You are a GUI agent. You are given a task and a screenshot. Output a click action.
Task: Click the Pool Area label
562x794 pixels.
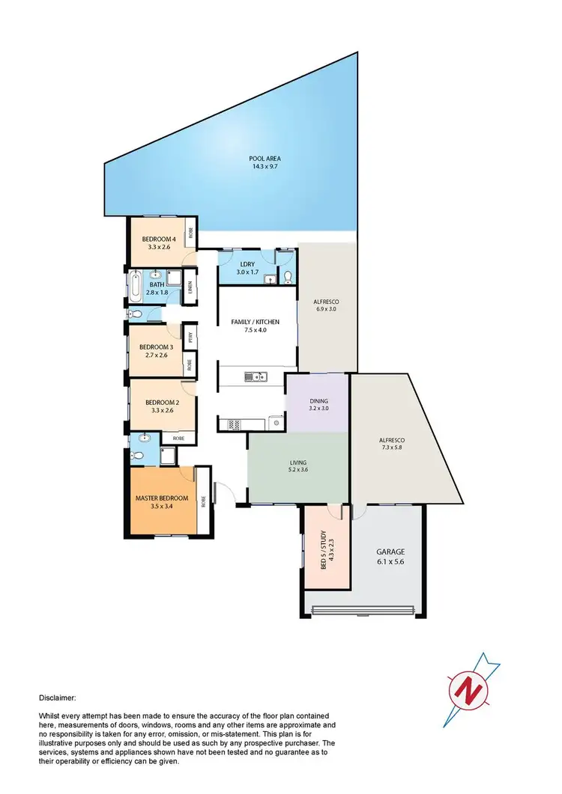265,159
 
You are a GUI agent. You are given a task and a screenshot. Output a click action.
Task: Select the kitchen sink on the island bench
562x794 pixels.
256,377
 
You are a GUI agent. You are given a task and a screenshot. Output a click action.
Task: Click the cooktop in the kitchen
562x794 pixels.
232,424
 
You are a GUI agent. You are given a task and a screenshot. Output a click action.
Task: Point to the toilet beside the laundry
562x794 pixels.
288,278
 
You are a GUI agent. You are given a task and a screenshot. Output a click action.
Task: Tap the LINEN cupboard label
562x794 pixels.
190,285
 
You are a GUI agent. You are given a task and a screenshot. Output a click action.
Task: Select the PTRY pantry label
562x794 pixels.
190,337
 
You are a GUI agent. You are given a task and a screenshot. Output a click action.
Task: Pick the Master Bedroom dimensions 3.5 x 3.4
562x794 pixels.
161,507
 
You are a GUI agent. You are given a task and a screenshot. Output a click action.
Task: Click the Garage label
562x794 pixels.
390,552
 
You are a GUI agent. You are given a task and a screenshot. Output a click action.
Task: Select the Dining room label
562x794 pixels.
318,400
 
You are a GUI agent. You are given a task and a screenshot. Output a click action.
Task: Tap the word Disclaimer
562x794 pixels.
57,697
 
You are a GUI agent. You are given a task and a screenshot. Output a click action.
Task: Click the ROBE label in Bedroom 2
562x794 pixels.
178,438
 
